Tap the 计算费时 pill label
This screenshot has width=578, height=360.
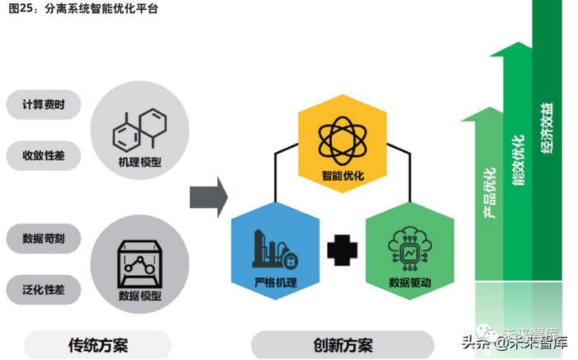(45, 105)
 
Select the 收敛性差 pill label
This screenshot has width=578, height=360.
(45, 154)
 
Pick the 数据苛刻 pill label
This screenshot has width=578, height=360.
(45, 239)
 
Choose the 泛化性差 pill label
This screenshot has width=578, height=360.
(45, 289)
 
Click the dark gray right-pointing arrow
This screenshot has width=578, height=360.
(208, 197)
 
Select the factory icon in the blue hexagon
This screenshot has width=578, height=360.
(274, 246)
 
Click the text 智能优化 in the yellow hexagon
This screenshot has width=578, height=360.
(343, 175)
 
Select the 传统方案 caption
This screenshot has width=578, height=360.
(97, 344)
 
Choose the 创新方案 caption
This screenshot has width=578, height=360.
(342, 344)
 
